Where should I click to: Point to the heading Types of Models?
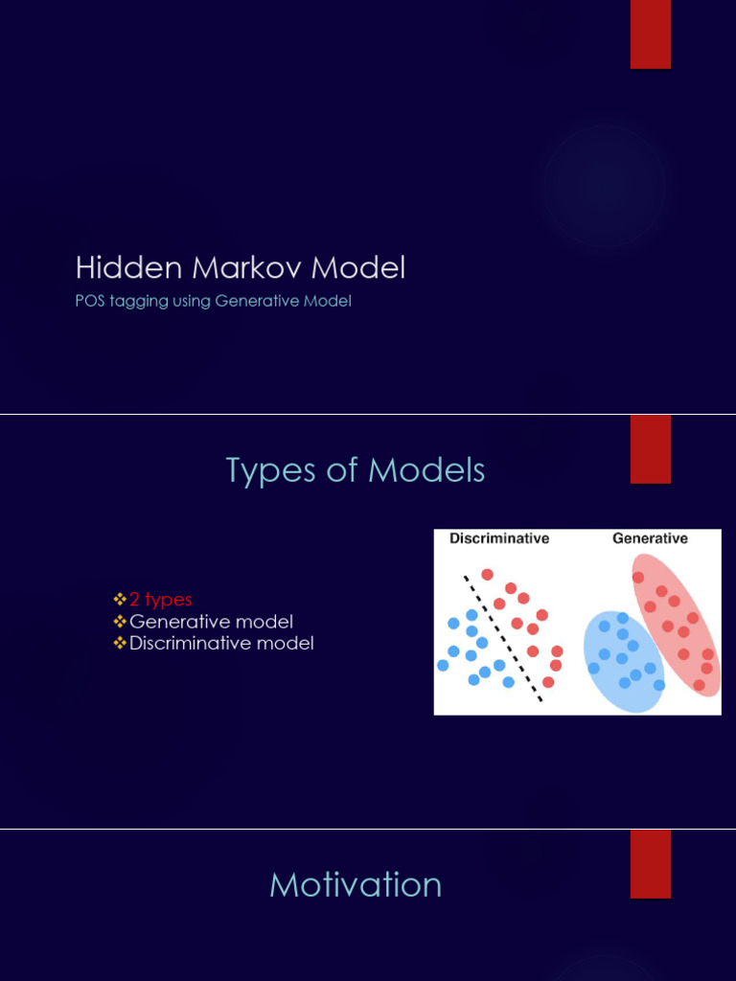[x=356, y=470]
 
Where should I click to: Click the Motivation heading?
[x=356, y=884]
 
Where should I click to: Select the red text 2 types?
[x=161, y=600]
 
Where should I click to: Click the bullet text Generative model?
[x=211, y=622]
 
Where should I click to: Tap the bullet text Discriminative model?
[x=221, y=644]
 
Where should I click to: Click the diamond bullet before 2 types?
[x=120, y=600]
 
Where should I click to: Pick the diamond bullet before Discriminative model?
[x=120, y=644]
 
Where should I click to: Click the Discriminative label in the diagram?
[x=499, y=538]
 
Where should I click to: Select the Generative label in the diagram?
[x=650, y=538]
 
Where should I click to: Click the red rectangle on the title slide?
[x=650, y=34]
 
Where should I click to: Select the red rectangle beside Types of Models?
[x=650, y=449]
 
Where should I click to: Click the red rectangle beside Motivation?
[x=650, y=864]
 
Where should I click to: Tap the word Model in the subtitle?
[x=329, y=301]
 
